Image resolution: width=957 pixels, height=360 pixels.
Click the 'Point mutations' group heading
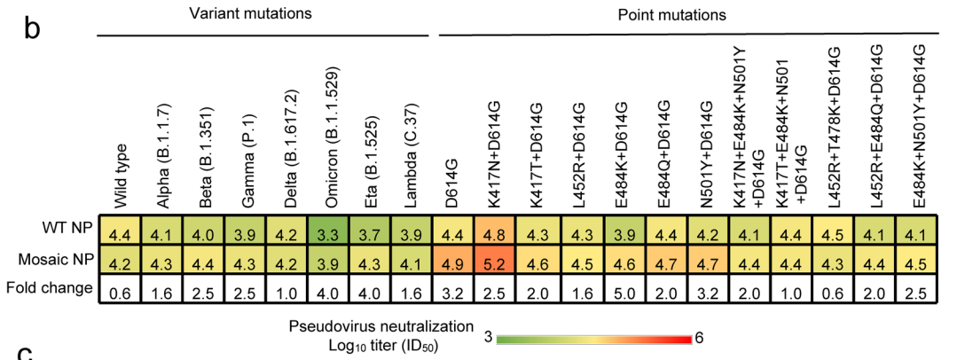tap(673, 14)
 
